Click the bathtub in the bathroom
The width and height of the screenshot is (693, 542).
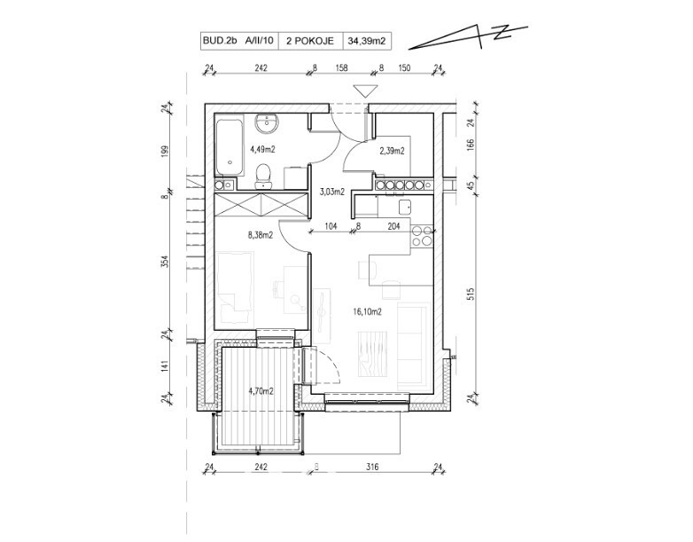click(x=229, y=145)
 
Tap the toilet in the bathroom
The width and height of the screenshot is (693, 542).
click(x=263, y=177)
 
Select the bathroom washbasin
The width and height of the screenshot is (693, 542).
click(x=267, y=122)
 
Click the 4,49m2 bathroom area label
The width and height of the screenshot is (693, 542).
click(x=262, y=149)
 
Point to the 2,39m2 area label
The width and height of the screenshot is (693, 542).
click(x=392, y=151)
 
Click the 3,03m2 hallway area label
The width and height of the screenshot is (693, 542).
click(x=332, y=192)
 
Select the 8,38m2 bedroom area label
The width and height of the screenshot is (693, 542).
click(x=260, y=235)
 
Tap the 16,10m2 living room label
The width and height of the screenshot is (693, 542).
click(x=367, y=312)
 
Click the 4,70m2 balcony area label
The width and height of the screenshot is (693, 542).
click(x=261, y=390)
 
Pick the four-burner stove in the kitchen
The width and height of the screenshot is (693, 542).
click(x=422, y=235)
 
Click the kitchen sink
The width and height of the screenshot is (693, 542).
click(x=405, y=207)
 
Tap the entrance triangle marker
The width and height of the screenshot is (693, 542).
click(x=365, y=90)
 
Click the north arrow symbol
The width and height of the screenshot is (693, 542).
click(x=469, y=37)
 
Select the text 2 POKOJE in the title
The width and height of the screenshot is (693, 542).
click(x=310, y=41)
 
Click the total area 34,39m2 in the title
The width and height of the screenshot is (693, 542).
click(x=367, y=41)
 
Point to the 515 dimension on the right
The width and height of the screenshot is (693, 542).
click(x=471, y=295)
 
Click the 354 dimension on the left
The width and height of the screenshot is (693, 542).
click(x=165, y=261)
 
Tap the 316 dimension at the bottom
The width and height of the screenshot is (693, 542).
click(x=372, y=467)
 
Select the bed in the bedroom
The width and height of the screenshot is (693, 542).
click(x=234, y=288)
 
